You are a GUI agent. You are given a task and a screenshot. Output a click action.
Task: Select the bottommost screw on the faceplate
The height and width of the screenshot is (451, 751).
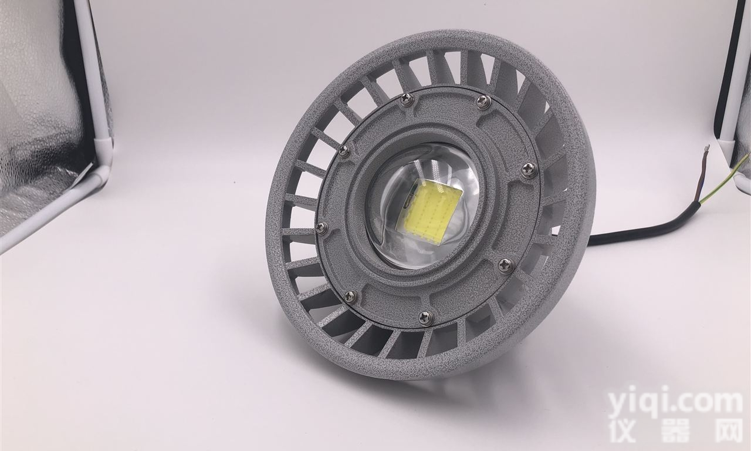[426, 318]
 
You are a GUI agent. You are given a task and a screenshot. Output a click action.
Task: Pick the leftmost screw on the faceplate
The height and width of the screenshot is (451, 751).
[322, 228]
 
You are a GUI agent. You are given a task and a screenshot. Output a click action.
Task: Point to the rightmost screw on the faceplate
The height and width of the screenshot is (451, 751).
[529, 170]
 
